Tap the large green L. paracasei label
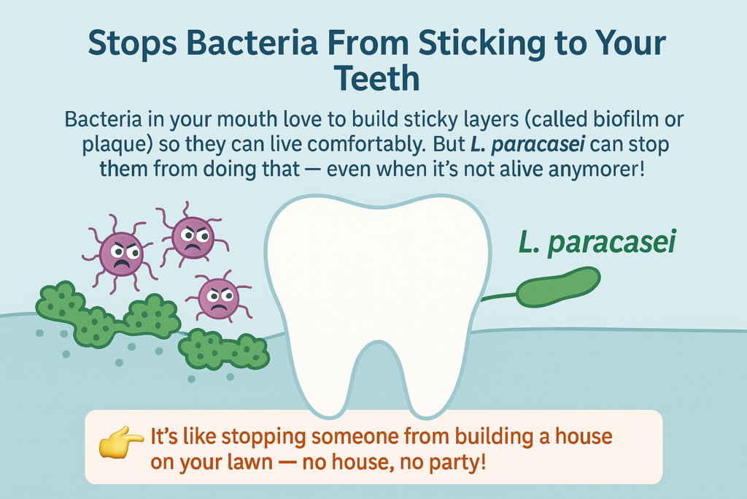tap(597, 243)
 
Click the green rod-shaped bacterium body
tap(558, 287)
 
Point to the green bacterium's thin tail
tap(499, 297)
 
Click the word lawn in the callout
tap(253, 462)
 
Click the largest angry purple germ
tap(120, 254)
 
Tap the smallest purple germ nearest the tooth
tap(218, 297)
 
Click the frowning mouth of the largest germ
tap(121, 264)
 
